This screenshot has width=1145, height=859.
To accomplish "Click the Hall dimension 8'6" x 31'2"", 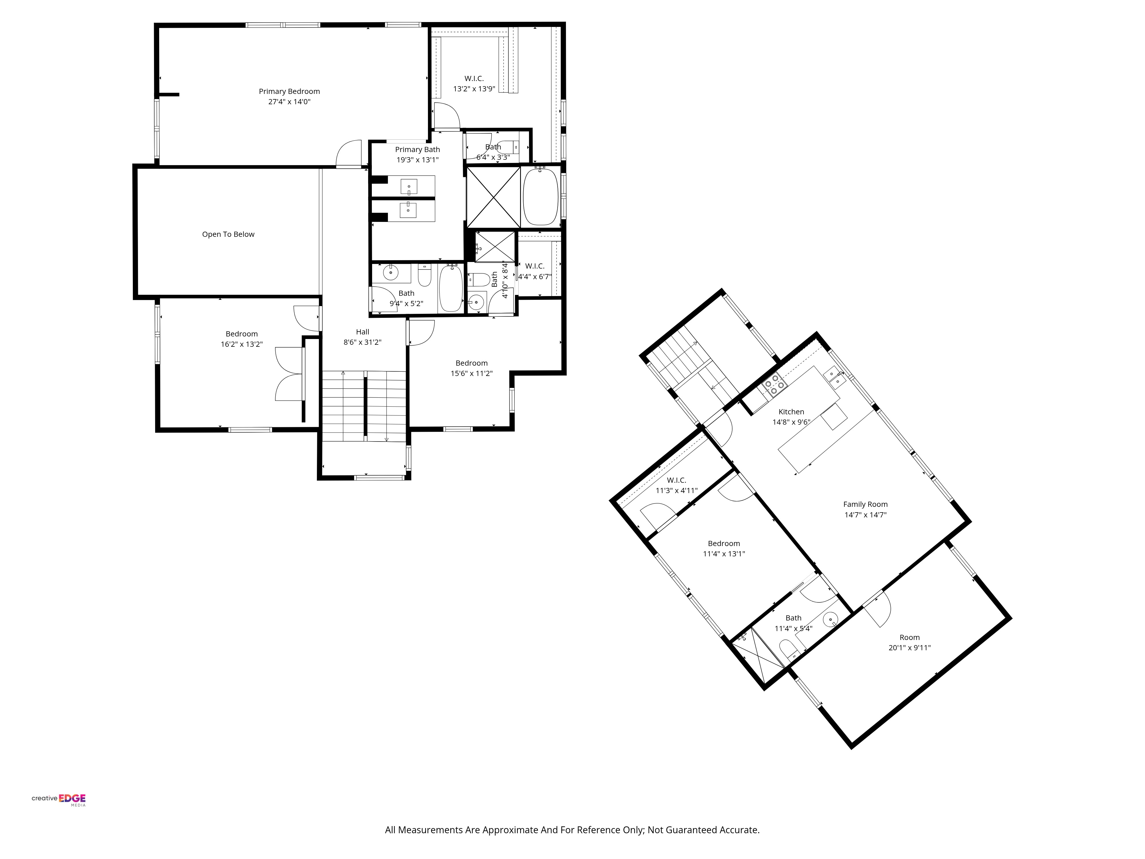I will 362,342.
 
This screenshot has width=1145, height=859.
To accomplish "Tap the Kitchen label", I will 791,412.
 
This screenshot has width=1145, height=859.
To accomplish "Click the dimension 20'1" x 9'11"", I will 909,648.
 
